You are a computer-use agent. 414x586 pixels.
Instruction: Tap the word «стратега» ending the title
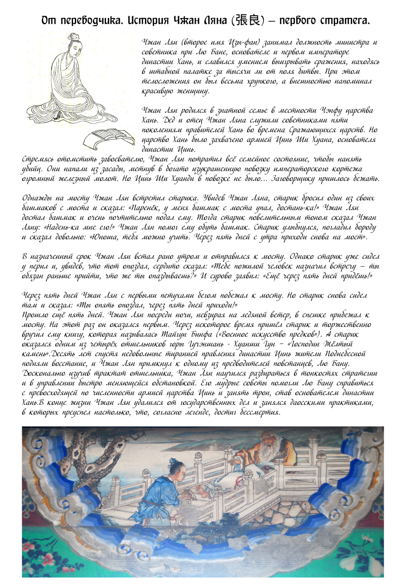coord(346,21)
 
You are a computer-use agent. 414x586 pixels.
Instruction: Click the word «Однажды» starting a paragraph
coord(39,198)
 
